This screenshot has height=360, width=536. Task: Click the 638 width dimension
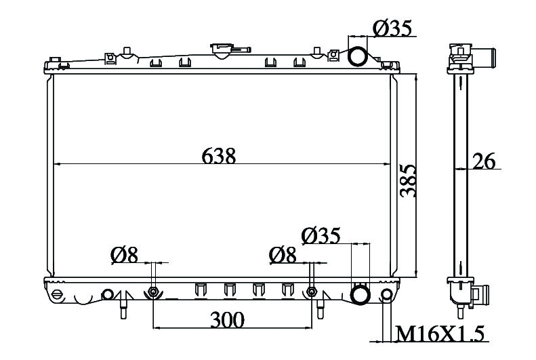coord(218,156)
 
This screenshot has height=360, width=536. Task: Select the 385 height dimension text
coord(409,181)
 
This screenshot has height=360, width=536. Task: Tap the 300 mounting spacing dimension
coord(227,320)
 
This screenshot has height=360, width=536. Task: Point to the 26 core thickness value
coord(484,161)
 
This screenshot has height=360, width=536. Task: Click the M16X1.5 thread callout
coord(440,334)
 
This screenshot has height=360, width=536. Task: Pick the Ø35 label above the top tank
coord(392,28)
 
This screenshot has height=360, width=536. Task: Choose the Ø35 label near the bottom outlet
coord(321,235)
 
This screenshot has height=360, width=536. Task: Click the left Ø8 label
coord(124,255)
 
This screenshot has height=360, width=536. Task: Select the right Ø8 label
coord(283,255)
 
